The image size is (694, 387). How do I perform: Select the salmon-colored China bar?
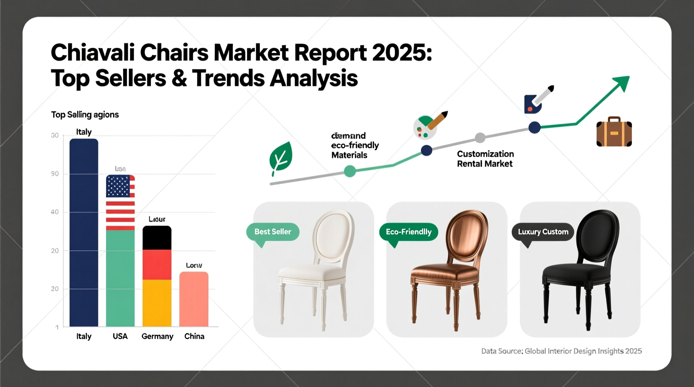[194, 299]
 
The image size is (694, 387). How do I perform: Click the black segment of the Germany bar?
[157, 238]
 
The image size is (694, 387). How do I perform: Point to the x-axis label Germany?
[157, 336]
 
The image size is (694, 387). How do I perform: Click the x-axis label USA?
[120, 336]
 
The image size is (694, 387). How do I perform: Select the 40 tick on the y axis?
[55, 212]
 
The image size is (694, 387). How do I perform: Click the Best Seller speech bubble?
[273, 232]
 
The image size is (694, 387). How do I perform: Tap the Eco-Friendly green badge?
[408, 232]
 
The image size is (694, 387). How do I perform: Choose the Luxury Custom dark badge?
[543, 232]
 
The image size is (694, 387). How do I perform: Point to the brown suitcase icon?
[614, 132]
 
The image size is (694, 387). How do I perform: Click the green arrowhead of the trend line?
[622, 83]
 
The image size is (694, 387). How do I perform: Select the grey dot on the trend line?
[480, 138]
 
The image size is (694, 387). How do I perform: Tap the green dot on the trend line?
[350, 171]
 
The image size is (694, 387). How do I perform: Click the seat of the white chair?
[312, 273]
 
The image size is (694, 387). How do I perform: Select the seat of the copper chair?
[445, 272]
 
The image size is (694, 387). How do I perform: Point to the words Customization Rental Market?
[485, 159]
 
